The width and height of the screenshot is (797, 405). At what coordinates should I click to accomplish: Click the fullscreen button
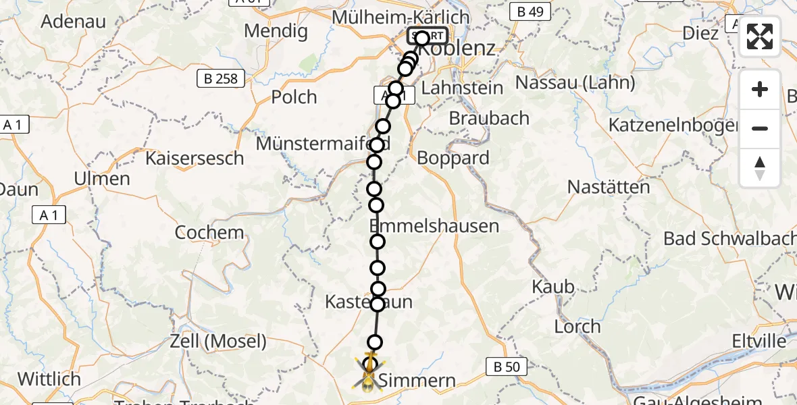(760, 36)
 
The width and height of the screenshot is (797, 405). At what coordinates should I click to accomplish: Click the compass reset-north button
(760, 168)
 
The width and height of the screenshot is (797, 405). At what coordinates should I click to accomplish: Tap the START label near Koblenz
(428, 36)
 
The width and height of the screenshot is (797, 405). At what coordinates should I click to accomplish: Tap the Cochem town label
(209, 233)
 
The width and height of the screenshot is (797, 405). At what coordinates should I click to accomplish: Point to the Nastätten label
(609, 187)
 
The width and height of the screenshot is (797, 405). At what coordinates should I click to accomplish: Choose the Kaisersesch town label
(195, 159)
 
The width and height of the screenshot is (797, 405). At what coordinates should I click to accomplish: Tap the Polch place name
(294, 97)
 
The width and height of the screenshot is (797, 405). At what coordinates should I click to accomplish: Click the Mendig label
(276, 31)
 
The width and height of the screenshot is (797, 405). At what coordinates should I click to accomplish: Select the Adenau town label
(74, 21)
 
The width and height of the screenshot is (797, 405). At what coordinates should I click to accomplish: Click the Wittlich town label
(49, 379)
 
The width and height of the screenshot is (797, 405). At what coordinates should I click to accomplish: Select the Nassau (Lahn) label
(575, 83)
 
